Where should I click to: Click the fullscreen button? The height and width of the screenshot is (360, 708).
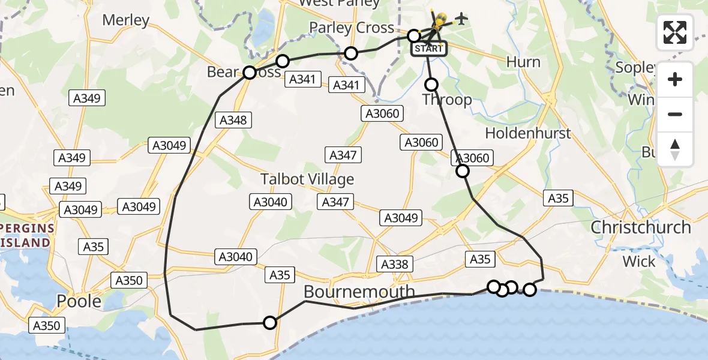coord(675,32)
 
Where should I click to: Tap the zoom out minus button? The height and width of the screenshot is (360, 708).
coord(675,114)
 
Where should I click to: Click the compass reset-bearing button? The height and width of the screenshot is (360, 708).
coord(675,149)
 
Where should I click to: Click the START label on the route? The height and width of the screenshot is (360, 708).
coord(428,49)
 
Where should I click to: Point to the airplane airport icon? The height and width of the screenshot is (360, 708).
coord(461,19)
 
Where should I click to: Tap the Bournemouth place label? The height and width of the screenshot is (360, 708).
coord(359,292)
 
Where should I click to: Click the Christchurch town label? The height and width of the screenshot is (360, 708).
coord(641,227)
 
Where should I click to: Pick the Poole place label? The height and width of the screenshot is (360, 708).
coord(79,301)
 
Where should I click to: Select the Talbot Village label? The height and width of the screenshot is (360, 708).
coord(307,179)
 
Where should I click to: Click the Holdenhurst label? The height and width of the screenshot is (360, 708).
coord(528,133)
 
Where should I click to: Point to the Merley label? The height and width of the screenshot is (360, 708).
coord(125,20)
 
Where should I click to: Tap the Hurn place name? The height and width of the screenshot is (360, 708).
coord(523,62)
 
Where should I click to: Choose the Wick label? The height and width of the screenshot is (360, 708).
coord(639,261)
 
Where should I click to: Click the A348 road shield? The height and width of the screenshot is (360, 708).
coord(233,120)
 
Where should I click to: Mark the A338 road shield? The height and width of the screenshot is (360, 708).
coord(394,263)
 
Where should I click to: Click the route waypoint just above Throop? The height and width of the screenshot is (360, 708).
coord(431,85)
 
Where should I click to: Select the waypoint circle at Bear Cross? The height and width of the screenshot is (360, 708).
coord(250,73)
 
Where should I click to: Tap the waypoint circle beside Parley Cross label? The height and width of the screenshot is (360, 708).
coord(413,36)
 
